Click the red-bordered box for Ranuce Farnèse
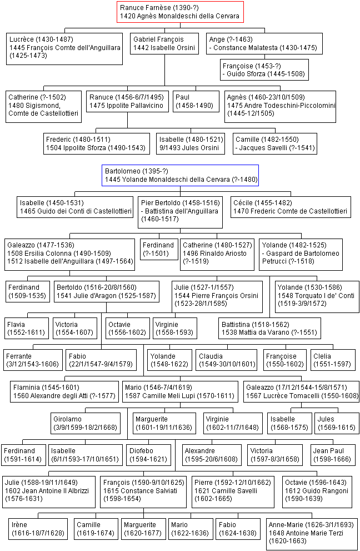coord(180,12)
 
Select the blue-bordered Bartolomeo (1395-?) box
coord(180,175)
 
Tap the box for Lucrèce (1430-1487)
coord(64,49)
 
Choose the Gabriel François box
coord(164,43)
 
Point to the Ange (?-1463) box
coord(264,43)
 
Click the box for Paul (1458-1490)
coord(196,102)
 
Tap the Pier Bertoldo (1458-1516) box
coord(180,212)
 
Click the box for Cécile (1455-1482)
coord(291,207)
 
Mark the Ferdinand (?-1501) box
coord(159,250)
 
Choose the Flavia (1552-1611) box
coord(27,328)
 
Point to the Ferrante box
coord(33,360)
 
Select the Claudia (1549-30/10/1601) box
coord(227,360)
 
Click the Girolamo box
coord(86,423)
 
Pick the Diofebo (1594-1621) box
coord(148,455)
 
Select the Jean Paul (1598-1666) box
coord(332,455)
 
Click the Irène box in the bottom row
coord(38,529)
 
